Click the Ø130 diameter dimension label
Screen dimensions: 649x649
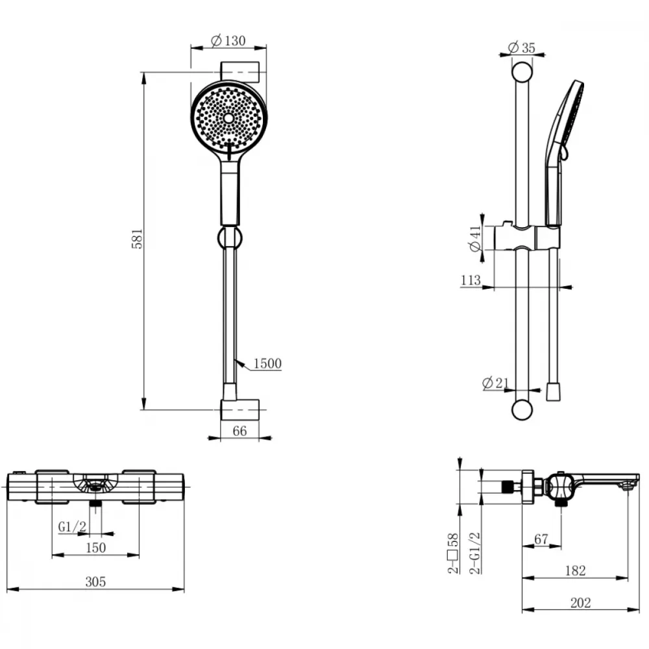click(228, 40)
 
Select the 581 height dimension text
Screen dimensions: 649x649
click(137, 238)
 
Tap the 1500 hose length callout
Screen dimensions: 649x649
click(267, 363)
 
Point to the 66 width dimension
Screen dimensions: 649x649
click(239, 431)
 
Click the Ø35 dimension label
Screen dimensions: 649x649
click(521, 47)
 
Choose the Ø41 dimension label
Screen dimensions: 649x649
click(476, 238)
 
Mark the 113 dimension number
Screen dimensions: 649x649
click(471, 280)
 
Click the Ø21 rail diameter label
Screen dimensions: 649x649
click(496, 383)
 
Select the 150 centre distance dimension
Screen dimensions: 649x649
click(95, 548)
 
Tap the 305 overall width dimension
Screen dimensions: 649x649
click(95, 582)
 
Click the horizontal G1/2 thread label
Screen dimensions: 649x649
click(72, 527)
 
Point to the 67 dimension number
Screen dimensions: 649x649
click(541, 539)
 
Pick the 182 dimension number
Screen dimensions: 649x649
click(575, 570)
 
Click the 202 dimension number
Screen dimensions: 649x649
click(580, 603)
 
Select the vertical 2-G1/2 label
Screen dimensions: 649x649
click(475, 553)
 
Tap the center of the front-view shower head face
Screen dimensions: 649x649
click(228, 118)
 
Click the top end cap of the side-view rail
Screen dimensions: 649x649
click(522, 72)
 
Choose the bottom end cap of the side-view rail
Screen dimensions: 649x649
click(522, 410)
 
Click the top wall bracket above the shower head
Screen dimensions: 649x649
click(239, 71)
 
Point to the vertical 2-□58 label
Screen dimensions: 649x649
click(454, 553)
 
